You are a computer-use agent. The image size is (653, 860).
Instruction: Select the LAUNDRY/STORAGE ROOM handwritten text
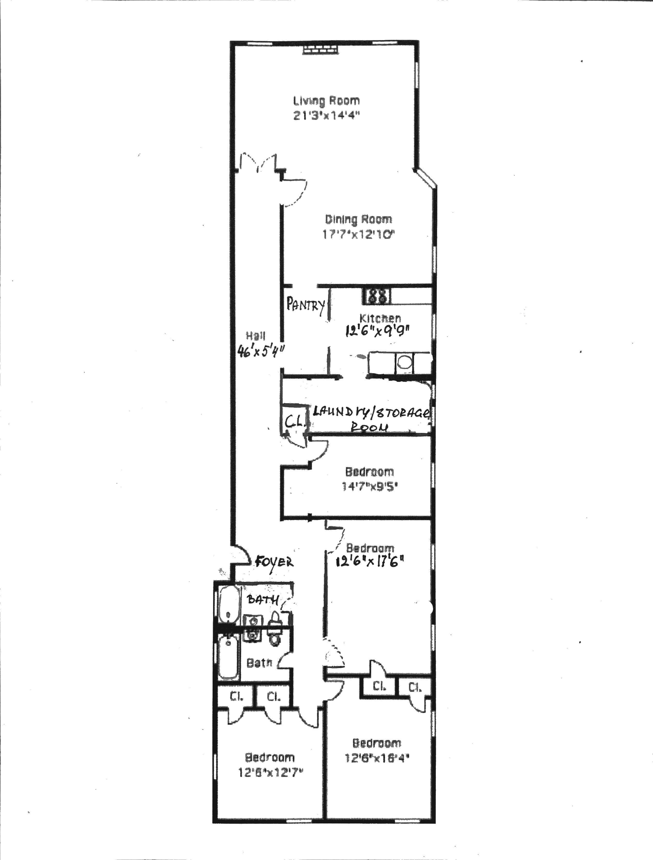pyautogui.click(x=371, y=418)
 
